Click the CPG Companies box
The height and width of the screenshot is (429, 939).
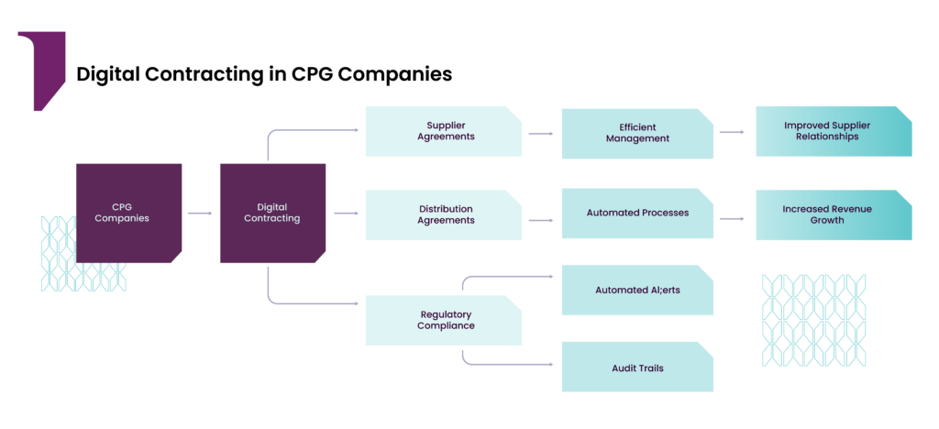[x=128, y=213]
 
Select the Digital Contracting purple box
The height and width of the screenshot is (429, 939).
[x=272, y=213]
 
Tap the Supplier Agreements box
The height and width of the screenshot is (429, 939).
[x=443, y=132]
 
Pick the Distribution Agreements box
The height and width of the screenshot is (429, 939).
[x=443, y=214]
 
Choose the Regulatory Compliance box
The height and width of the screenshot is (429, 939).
[x=443, y=320]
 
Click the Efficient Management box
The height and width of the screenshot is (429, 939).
[x=637, y=134]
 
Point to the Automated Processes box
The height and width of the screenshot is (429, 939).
[x=637, y=213]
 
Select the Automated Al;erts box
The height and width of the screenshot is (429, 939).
[x=637, y=291]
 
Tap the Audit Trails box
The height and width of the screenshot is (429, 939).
[x=637, y=367]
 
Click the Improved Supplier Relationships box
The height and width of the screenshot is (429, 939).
[x=834, y=132]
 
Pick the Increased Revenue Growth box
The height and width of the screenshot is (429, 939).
[x=834, y=214]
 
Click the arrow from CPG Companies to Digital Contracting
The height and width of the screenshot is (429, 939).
[x=200, y=213]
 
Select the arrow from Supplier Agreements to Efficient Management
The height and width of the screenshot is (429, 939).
[x=541, y=134]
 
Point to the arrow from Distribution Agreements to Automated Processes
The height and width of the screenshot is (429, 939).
[x=541, y=220]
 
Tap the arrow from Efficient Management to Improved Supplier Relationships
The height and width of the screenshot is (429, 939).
[x=732, y=132]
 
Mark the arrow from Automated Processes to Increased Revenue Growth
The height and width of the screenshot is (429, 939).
[x=732, y=219]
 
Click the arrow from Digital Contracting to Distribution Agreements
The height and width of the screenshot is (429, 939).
[x=346, y=213]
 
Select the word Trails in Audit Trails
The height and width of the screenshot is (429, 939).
[x=650, y=368]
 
